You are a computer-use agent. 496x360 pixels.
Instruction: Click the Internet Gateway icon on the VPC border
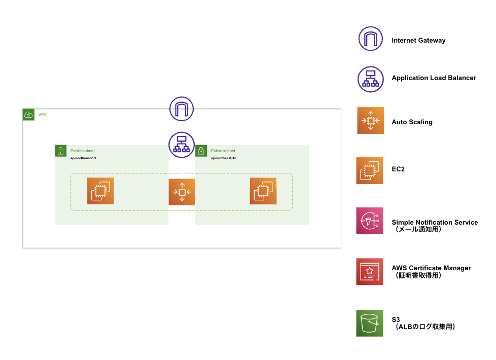[x=182, y=109]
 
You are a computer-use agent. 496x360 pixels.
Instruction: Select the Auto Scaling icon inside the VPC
[x=182, y=192]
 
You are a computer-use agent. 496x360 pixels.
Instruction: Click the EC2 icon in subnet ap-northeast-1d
[x=100, y=191]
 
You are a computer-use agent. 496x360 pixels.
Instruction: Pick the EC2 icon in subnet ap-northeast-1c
[x=263, y=191]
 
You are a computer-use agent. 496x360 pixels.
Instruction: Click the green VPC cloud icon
[x=29, y=115]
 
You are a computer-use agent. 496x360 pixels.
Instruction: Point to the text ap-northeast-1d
[x=83, y=158]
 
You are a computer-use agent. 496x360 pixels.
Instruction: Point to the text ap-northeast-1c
[x=224, y=158]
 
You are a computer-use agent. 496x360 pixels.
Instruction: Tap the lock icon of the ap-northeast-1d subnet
[x=60, y=151]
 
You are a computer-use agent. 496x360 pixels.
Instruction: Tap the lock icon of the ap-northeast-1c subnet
[x=201, y=151]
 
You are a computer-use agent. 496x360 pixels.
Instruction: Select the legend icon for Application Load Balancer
[x=371, y=79]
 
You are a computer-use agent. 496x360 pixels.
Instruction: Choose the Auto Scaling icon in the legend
[x=370, y=121]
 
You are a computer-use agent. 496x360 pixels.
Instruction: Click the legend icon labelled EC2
[x=370, y=170]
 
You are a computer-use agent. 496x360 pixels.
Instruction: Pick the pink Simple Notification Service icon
[x=370, y=221]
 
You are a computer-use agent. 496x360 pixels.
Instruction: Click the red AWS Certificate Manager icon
[x=370, y=271]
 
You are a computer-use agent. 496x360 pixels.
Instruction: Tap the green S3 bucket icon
[x=370, y=323]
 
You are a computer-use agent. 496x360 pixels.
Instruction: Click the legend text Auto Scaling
[x=412, y=122]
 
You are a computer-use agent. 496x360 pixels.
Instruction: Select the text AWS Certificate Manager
[x=431, y=268]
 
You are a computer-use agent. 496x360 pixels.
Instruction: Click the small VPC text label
[x=43, y=115]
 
